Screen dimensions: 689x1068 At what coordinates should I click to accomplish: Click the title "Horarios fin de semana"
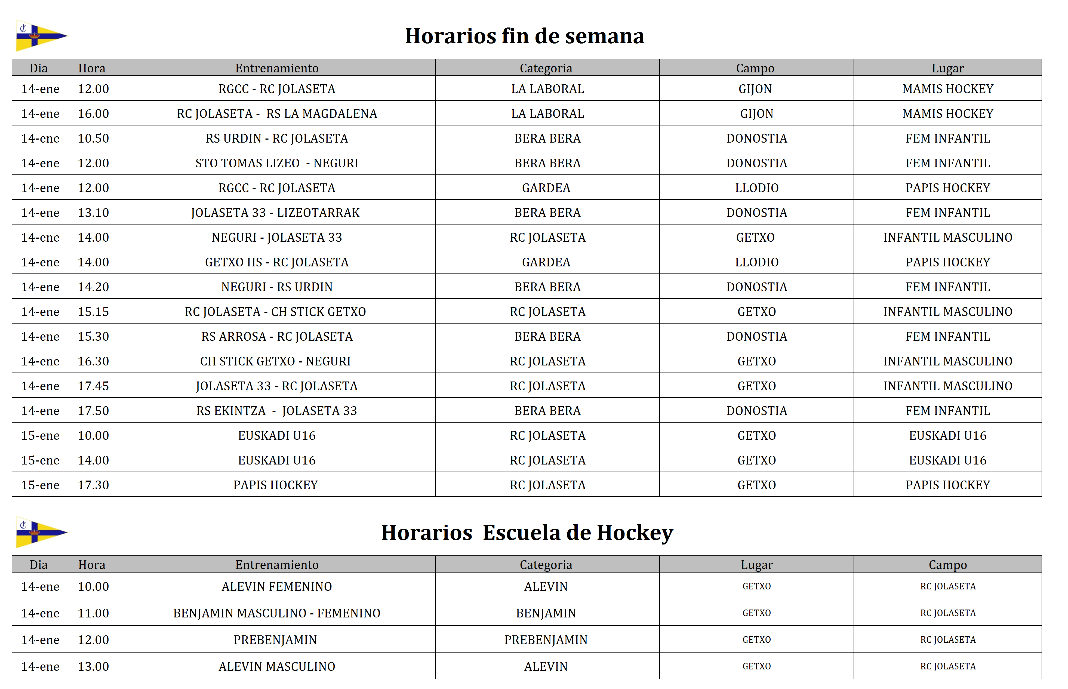point(524,36)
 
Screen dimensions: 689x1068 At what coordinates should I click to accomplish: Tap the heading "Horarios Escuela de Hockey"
point(527,533)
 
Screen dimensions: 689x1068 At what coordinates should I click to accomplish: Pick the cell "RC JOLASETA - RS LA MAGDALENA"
point(276,114)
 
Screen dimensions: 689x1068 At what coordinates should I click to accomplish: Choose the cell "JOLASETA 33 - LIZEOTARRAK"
point(275,213)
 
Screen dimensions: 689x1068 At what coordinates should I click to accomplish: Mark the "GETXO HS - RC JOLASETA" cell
point(276,262)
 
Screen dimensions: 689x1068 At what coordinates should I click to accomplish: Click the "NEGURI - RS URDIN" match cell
point(276,287)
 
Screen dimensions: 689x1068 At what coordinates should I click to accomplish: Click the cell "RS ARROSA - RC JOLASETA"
point(276,336)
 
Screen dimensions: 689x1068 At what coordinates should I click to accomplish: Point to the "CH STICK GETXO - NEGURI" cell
point(275,361)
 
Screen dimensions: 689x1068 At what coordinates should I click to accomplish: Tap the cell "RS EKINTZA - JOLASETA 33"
point(276,411)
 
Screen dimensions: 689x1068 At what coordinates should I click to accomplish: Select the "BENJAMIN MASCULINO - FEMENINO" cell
point(276,613)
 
